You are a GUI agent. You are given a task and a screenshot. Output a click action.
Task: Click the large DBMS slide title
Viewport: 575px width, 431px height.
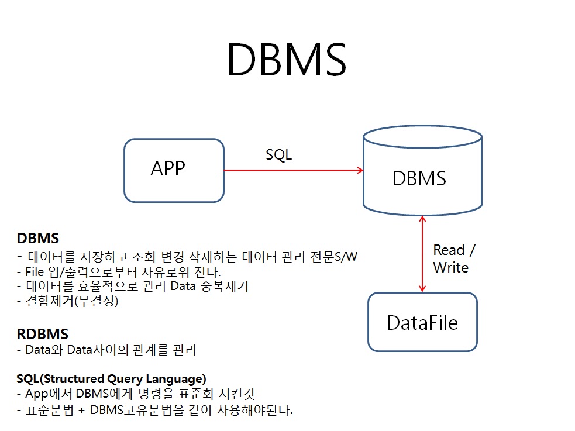[x=287, y=60]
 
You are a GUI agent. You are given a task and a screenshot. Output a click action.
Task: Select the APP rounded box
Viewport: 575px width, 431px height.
[x=174, y=170]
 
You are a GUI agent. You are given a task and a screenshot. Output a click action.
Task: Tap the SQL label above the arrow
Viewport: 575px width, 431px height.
[x=278, y=155]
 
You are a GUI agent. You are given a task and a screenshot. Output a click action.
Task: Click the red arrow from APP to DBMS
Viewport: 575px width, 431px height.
[x=292, y=170]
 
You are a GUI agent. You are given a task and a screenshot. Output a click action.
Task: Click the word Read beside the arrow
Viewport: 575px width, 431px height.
[x=449, y=250]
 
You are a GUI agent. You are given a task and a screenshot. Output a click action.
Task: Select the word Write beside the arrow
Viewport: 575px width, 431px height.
[x=450, y=268]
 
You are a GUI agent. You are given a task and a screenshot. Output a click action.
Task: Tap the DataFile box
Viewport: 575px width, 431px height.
[x=422, y=322]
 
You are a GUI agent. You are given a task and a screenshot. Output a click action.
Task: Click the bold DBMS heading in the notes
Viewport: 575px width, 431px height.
[x=38, y=239]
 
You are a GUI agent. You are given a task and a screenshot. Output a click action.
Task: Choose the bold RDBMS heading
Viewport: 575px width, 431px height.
[x=43, y=335]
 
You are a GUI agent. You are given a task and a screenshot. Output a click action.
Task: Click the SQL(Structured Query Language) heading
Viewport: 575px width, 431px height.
[x=111, y=378]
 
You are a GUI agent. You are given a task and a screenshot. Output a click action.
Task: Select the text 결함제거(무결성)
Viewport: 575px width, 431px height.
[x=72, y=302]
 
